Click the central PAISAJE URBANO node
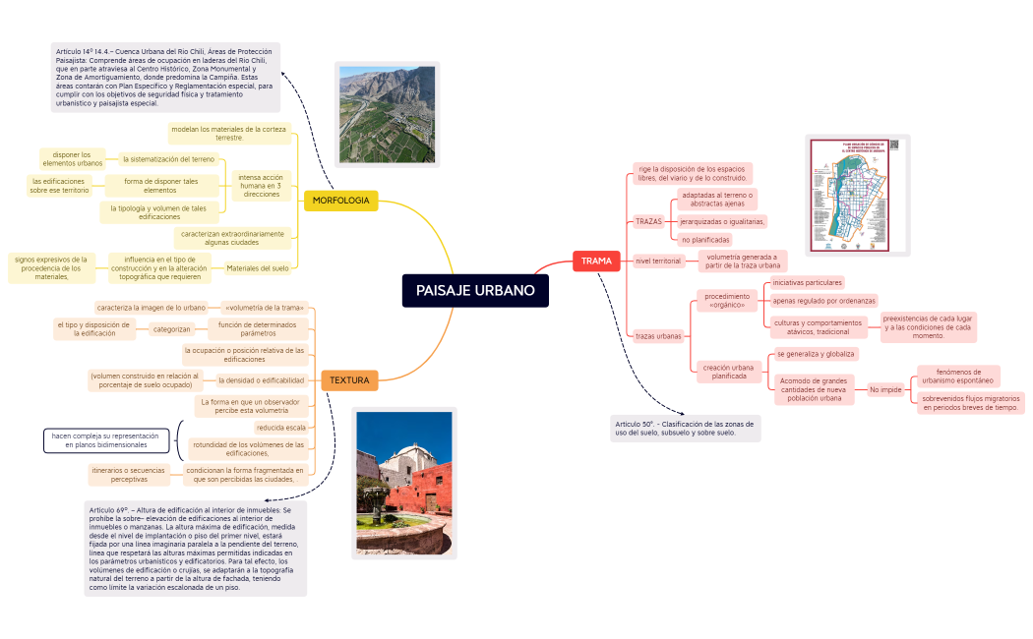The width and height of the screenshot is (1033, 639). (x=475, y=290)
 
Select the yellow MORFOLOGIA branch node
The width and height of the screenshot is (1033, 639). (x=340, y=201)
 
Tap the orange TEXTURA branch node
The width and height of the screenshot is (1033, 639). (x=349, y=379)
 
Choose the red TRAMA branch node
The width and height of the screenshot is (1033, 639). (x=596, y=261)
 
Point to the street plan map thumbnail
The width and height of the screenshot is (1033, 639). (x=857, y=194)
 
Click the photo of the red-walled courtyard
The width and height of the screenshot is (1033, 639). (x=403, y=483)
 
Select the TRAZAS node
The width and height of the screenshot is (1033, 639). (x=648, y=221)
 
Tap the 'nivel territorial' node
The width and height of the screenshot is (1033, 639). (x=658, y=261)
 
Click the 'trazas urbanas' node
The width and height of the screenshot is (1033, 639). (x=658, y=335)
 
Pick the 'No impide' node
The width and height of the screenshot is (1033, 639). (x=885, y=389)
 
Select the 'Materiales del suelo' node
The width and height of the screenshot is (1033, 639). (x=258, y=267)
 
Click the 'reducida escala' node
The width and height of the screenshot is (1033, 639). (x=280, y=428)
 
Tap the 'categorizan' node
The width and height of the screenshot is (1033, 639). (x=171, y=329)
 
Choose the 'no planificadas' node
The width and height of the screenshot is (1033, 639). (x=705, y=240)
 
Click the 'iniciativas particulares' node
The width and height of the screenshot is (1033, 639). (x=807, y=282)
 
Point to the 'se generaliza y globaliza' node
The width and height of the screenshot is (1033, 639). (x=816, y=353)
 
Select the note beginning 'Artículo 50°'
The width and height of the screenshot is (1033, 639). (x=685, y=428)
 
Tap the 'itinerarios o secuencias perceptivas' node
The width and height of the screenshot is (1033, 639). (x=129, y=475)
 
